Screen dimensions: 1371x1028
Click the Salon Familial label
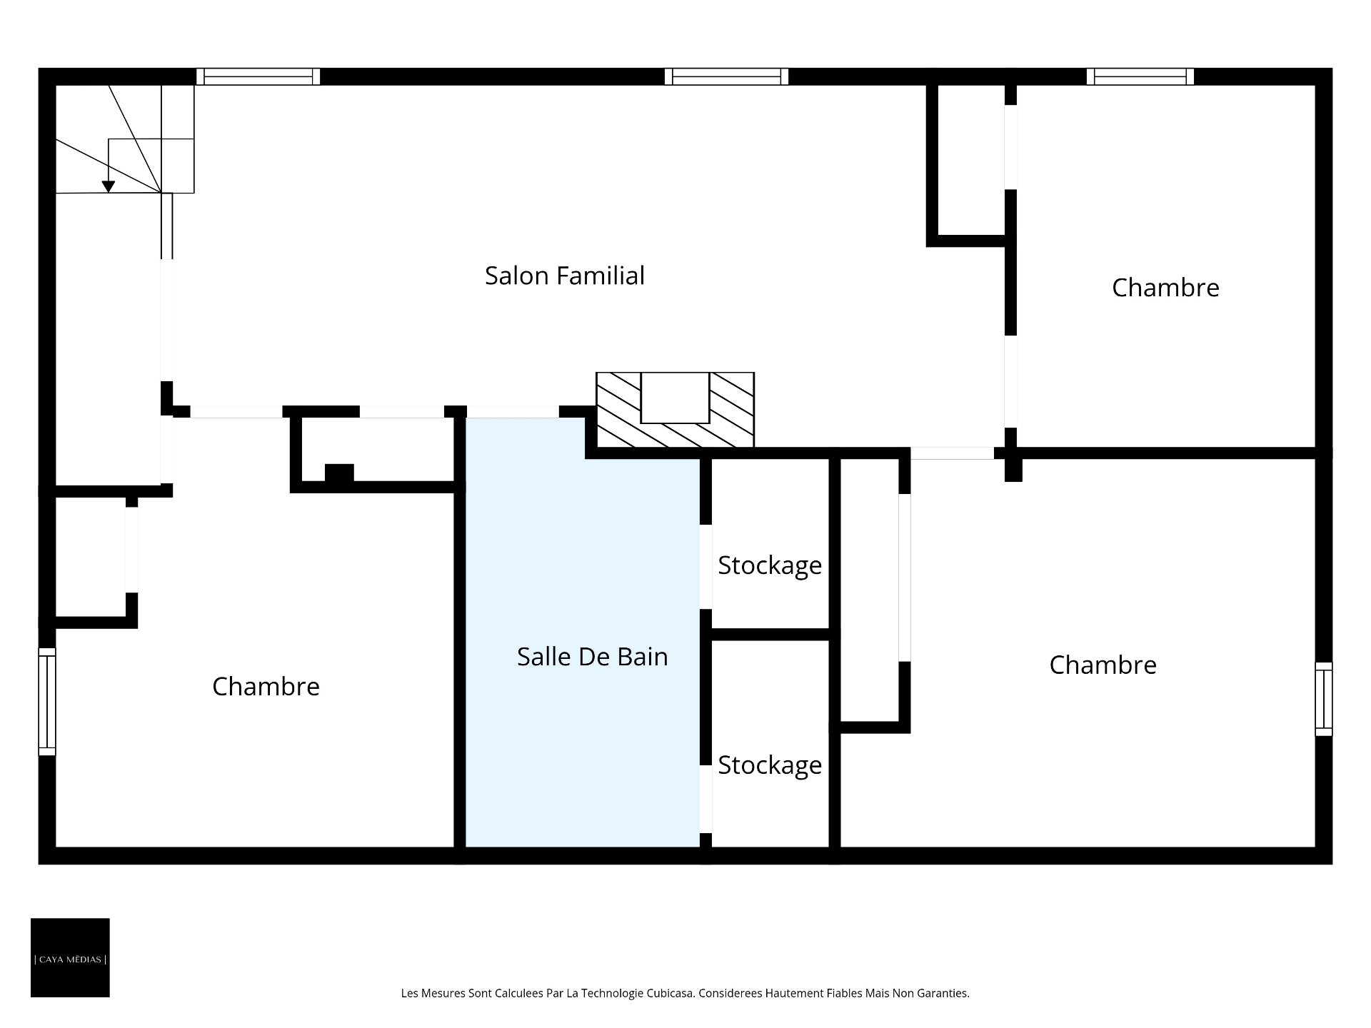pos(564,276)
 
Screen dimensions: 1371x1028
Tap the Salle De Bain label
pos(592,657)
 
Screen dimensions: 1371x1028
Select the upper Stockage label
pos(770,566)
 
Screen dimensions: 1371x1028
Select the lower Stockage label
pos(770,766)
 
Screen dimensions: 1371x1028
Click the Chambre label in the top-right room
pos(1165,288)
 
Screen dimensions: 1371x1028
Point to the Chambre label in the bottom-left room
pos(266,687)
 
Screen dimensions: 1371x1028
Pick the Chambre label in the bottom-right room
pos(1103,665)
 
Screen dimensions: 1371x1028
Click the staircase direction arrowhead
pos(109,186)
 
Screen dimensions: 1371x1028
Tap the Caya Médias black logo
pos(70,957)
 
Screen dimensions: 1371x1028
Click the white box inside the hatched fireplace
pos(675,398)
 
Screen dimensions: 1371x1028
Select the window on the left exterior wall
pos(47,702)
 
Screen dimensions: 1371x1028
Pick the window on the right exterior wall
pos(1324,699)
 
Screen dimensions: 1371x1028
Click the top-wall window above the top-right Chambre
pos(1140,76)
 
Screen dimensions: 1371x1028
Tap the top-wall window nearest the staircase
pos(258,76)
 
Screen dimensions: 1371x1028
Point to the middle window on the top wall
pos(726,76)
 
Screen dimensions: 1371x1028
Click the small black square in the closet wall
pos(339,474)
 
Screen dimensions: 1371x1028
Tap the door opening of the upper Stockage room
pos(705,567)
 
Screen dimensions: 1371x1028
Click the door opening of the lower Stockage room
pos(705,799)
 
